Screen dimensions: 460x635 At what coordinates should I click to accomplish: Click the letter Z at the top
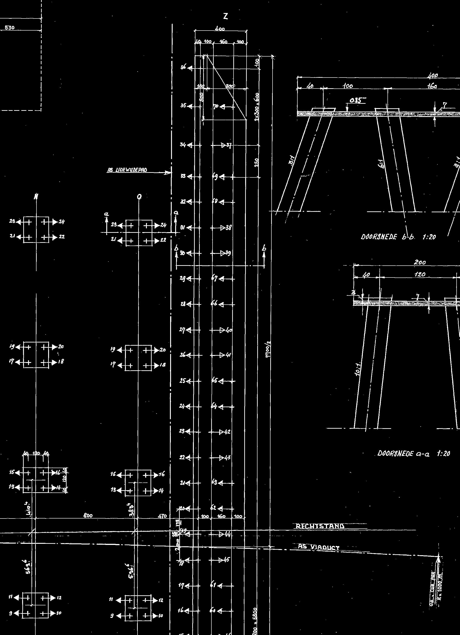225,17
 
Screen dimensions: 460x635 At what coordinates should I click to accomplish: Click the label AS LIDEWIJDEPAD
127,170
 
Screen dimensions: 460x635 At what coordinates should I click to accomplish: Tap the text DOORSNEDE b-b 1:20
398,237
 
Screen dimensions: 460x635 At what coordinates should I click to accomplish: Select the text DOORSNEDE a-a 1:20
413,453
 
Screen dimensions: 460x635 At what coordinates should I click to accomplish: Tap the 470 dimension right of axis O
163,516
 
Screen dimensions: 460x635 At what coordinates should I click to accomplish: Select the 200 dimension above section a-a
420,262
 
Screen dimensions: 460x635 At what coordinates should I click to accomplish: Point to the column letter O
139,197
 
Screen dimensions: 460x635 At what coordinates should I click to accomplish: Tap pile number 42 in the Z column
227,432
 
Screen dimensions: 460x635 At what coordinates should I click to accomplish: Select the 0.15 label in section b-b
354,101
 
